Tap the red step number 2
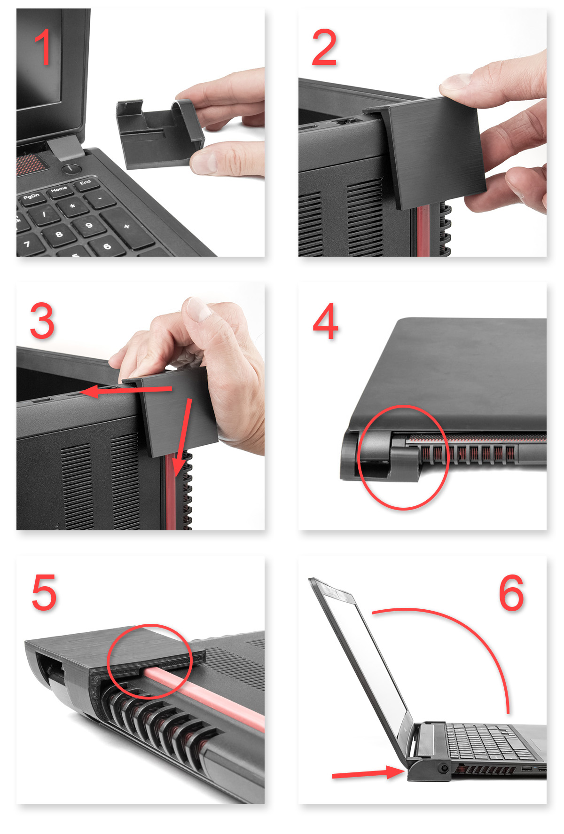click(324, 47)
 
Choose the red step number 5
click(44, 592)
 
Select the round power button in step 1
click(71, 168)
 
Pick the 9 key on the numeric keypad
click(89, 227)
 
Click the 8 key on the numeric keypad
click(59, 235)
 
